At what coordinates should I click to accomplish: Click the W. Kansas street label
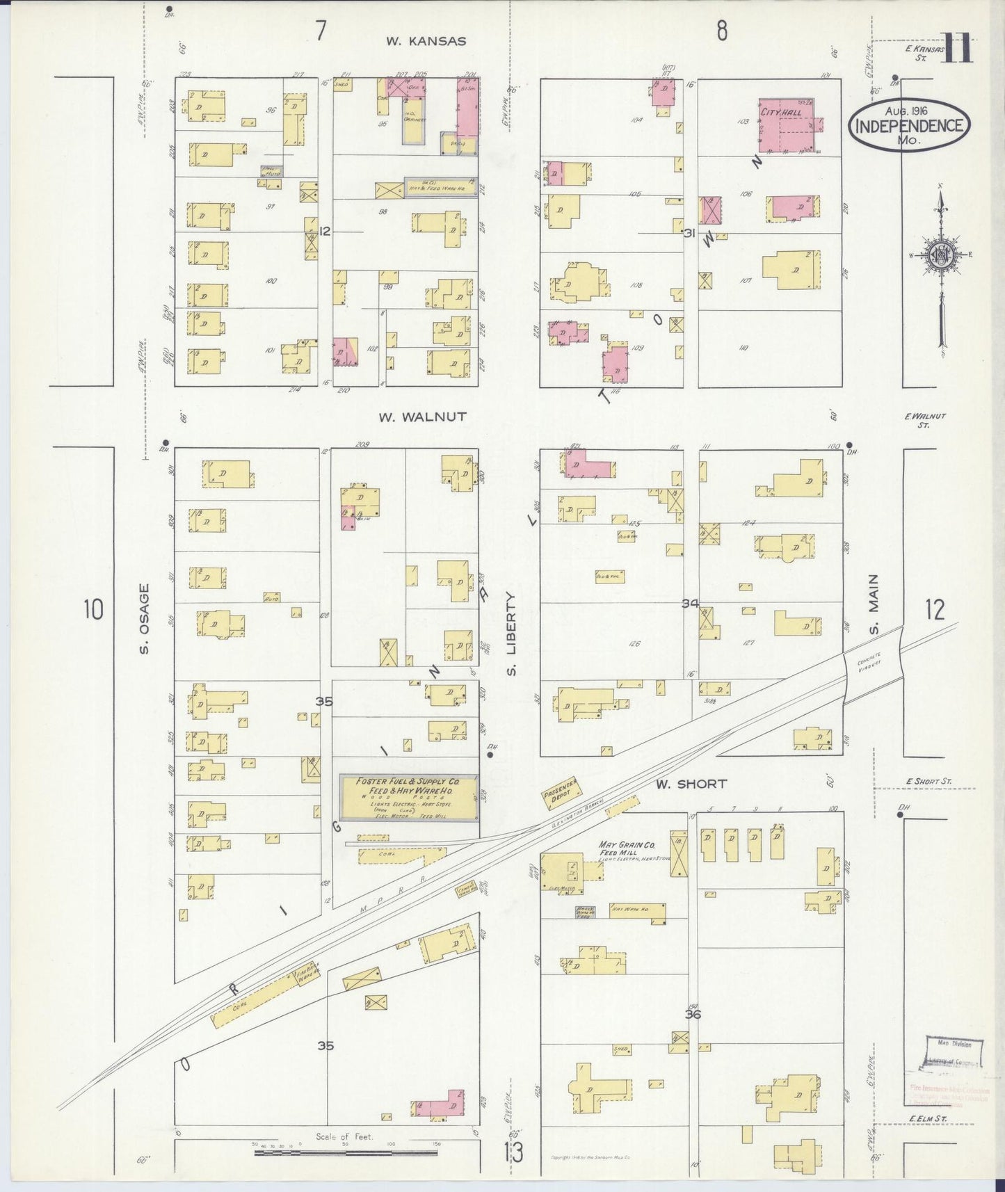coord(426,41)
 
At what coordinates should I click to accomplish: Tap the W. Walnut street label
coord(422,417)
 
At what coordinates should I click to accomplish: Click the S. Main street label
coord(874,604)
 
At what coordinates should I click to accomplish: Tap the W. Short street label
coord(692,784)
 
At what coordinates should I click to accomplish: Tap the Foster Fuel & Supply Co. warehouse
coord(408,798)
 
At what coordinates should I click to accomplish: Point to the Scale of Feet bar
coord(346,1152)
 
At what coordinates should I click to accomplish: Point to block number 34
coord(690,604)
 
